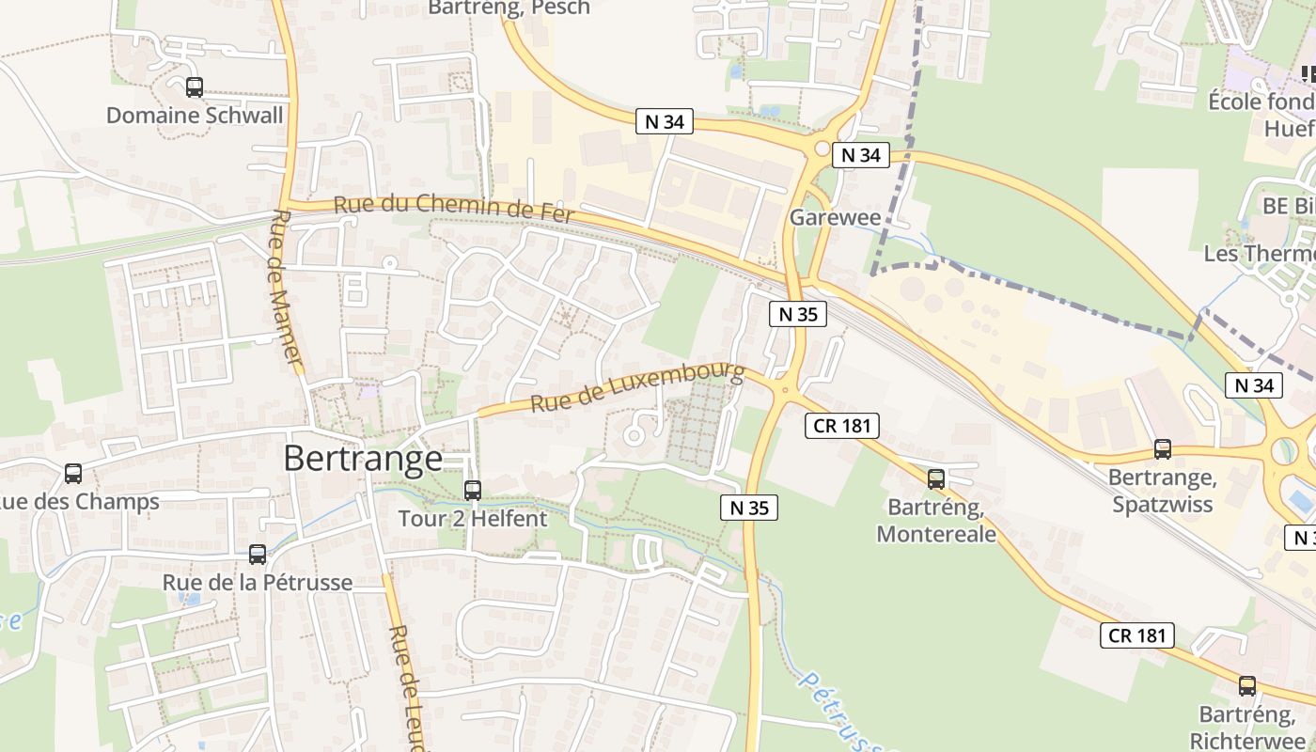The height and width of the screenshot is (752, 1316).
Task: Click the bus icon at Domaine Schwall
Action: click(195, 87)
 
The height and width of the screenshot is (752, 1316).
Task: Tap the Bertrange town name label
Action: click(363, 458)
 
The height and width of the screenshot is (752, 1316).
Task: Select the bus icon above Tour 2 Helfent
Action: click(473, 490)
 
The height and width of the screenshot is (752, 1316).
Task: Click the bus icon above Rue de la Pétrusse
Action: click(258, 555)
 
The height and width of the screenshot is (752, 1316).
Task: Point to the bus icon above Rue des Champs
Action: click(73, 474)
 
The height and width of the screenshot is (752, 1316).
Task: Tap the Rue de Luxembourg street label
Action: click(637, 388)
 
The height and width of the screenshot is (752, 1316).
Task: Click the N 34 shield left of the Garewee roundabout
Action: click(665, 121)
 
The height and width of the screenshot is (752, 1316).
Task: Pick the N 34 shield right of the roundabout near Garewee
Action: click(860, 155)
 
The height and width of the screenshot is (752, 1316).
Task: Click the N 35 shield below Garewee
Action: click(798, 314)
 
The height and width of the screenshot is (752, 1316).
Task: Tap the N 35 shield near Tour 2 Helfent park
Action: click(749, 508)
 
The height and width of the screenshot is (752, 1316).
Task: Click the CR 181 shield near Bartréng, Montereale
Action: click(842, 426)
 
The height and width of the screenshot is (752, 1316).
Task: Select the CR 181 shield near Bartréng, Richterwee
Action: click(1137, 634)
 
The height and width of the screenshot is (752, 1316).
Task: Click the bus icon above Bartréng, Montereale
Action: click(935, 479)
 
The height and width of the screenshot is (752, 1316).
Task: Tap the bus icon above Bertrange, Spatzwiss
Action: click(1163, 449)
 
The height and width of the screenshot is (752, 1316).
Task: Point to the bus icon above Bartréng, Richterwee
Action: click(1247, 686)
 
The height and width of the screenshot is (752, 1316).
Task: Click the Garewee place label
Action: click(835, 218)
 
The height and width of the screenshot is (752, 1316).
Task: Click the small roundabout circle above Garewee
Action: click(822, 149)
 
